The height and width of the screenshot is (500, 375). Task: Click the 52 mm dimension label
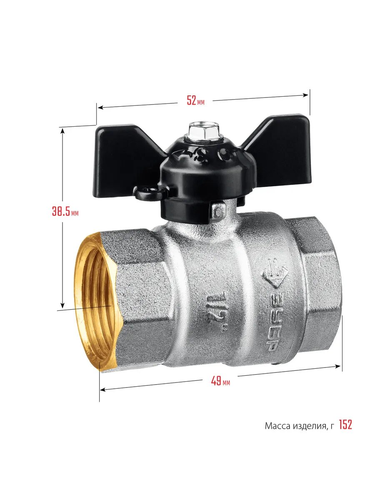(x=195, y=100)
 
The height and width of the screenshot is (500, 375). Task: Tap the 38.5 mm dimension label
(x=65, y=211)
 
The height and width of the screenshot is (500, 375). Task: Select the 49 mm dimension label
(x=220, y=380)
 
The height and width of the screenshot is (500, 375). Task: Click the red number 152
(x=345, y=425)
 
